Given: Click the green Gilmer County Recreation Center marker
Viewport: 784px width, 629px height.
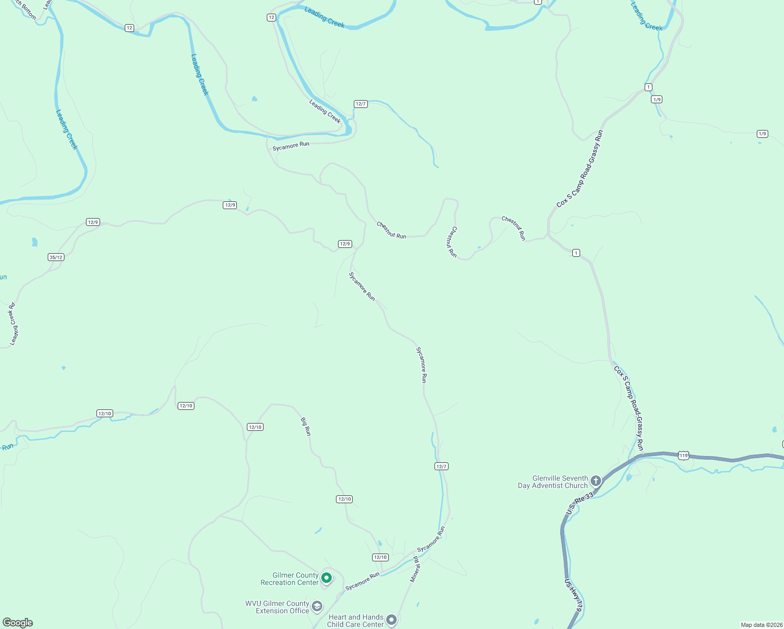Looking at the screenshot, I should pos(326,578).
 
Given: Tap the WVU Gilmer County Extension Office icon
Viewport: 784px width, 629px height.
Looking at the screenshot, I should pos(317,606).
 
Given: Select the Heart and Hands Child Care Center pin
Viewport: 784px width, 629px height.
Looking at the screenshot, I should pos(391,620).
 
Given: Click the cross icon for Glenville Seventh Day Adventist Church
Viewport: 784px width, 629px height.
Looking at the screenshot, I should pos(595,481).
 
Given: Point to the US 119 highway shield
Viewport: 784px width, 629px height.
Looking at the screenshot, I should pos(683,456).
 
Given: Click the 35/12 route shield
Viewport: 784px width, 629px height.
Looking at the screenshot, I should pos(56,257).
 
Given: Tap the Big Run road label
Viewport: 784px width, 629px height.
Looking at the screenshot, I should pos(306,426).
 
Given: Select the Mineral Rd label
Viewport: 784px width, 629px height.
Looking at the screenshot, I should pos(415,569).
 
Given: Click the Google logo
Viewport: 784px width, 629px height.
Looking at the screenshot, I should pos(18,622).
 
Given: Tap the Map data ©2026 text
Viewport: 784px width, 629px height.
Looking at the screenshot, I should pos(761,625).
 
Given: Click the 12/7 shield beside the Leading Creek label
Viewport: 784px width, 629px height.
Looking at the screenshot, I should pos(361,104).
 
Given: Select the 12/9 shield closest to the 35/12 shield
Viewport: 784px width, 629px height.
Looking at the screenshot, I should pos(93,222).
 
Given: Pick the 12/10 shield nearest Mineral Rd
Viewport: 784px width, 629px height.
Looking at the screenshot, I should pos(380,557).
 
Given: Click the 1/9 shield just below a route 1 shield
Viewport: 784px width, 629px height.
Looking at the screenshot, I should pos(657,99).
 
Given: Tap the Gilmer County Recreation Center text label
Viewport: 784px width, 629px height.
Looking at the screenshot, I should pos(290,579).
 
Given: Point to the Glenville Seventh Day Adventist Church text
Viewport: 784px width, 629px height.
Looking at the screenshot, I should pos(553,482).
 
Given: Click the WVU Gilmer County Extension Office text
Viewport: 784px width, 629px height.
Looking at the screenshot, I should pos(278,607).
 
